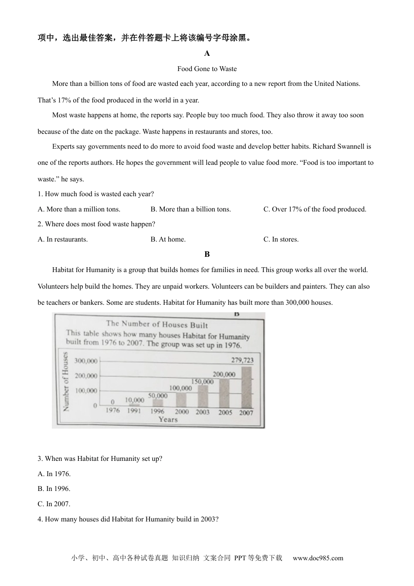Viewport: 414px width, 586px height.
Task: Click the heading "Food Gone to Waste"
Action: [x=207, y=69]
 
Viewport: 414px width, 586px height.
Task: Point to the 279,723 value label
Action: [x=242, y=360]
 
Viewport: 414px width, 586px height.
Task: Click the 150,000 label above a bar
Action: [x=202, y=382]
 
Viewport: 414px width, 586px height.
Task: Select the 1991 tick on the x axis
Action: [x=134, y=411]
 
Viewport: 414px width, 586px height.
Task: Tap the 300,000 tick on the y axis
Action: [x=86, y=361]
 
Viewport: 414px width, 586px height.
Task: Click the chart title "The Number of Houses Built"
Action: [x=157, y=324]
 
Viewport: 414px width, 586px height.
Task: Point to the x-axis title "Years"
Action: [x=168, y=419]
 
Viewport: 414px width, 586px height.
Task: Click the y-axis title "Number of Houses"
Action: [x=66, y=382]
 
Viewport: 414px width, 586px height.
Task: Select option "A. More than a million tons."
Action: [x=79, y=209]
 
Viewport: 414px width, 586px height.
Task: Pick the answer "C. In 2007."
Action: [x=54, y=504]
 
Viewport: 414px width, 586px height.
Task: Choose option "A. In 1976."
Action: [x=54, y=474]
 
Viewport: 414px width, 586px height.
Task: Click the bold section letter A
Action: [x=207, y=54]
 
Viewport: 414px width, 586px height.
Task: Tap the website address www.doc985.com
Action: [x=318, y=558]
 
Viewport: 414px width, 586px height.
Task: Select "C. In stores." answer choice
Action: [x=281, y=239]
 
